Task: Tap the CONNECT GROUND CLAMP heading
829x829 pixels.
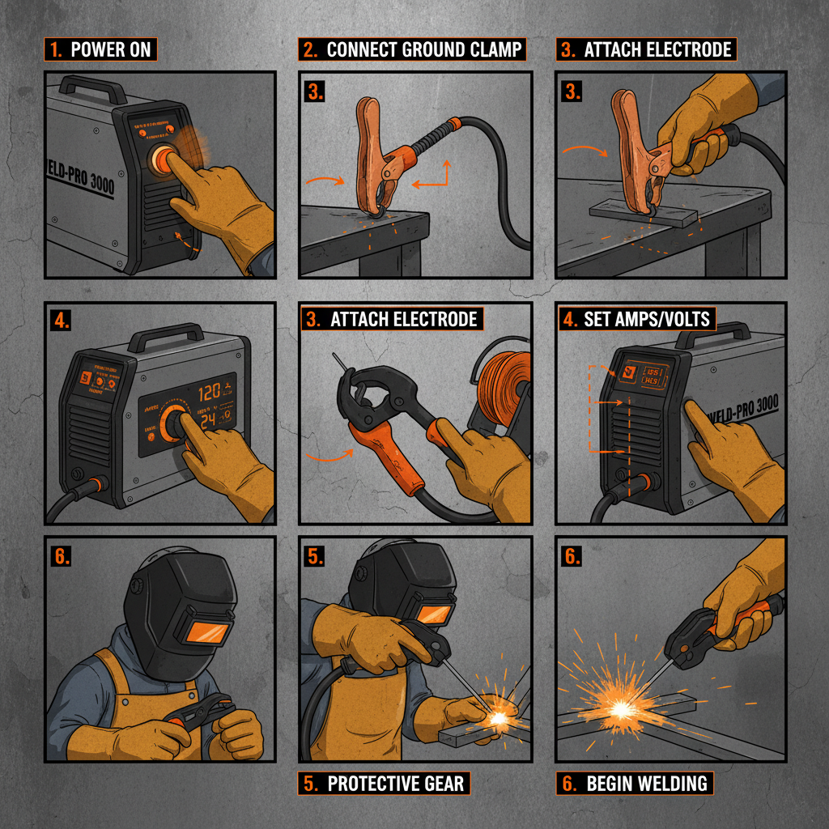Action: coord(413,49)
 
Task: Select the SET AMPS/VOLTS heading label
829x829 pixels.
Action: coord(637,318)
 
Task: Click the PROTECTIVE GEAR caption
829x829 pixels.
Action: coord(385,783)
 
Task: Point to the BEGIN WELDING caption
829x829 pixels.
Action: coord(636,783)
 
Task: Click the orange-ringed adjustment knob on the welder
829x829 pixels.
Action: coord(174,422)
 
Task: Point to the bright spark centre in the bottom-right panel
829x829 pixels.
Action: coord(622,709)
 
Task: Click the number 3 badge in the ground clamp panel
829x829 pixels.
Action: coord(316,91)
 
